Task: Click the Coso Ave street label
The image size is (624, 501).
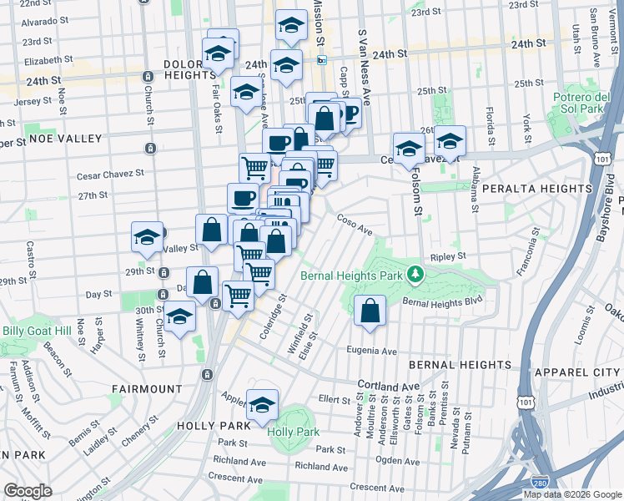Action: [x=354, y=223]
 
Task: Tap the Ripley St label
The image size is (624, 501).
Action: [x=448, y=257]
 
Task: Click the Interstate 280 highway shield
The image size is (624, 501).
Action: [x=540, y=483]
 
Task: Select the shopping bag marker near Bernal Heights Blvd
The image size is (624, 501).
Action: [x=370, y=311]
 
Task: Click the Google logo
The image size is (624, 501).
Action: [x=28, y=491]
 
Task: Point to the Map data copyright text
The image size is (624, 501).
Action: [x=571, y=494]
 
